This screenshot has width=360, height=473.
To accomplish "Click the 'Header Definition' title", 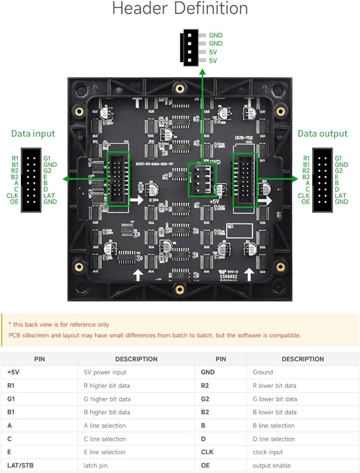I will [180, 9].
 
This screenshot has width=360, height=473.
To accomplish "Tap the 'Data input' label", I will [33, 133].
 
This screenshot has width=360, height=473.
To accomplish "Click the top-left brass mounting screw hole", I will [79, 111].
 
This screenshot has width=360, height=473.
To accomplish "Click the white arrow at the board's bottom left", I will [138, 275].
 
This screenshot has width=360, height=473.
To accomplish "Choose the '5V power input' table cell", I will [104, 372].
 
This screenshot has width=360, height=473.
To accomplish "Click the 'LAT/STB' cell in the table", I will [20, 465].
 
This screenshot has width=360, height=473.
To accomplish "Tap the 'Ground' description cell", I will [263, 372].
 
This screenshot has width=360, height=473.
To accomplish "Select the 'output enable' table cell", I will [272, 465].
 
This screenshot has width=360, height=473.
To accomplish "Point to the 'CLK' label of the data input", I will [12, 195].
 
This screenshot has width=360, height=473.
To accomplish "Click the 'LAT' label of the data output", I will [341, 195].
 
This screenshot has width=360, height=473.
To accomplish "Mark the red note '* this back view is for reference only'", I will [59, 324].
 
